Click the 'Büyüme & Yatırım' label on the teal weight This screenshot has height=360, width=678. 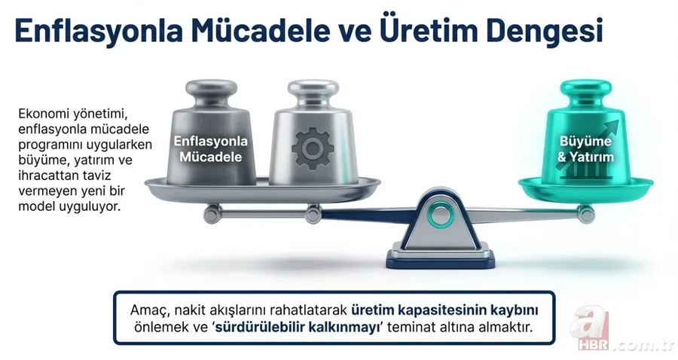(x=586, y=149)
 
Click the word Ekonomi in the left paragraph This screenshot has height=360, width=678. (x=43, y=114)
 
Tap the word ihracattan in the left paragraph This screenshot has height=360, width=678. (x=46, y=175)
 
